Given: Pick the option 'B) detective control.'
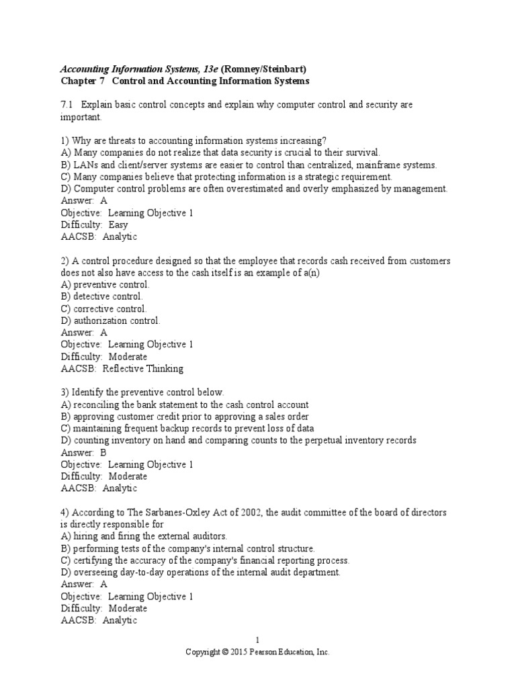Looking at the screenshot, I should pos(101,296).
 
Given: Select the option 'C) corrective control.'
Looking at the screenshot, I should pos(103,308).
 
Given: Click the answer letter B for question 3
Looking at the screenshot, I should pos(103,452).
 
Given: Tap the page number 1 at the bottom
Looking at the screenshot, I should pos(257,641).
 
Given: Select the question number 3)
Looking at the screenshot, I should pos(64,392).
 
